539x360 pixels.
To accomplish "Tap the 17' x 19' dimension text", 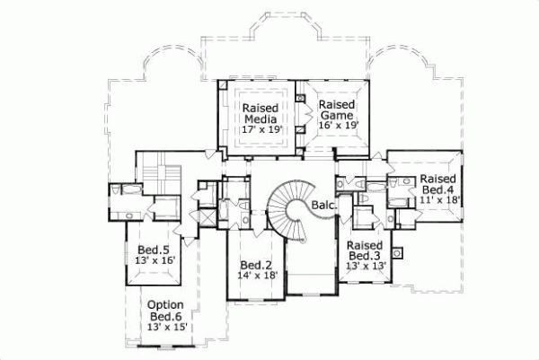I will tap(262, 129).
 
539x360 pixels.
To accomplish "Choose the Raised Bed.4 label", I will tap(439, 184).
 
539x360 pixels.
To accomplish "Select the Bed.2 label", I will tap(256, 265).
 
